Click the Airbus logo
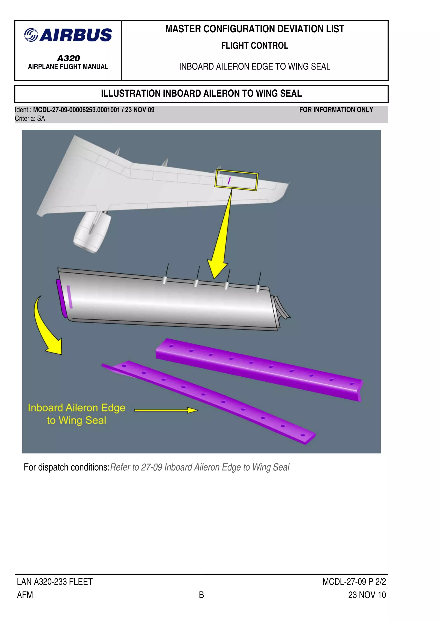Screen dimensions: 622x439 click(68, 35)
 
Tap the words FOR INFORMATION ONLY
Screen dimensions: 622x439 click(336, 110)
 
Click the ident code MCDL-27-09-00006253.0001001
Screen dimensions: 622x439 click(76, 110)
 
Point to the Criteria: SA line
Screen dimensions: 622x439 click(30, 119)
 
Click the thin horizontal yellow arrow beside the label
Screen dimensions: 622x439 click(166, 410)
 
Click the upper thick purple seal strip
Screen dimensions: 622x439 click(259, 369)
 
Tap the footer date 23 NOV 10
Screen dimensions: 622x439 click(367, 595)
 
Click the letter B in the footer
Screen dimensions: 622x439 click(201, 595)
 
